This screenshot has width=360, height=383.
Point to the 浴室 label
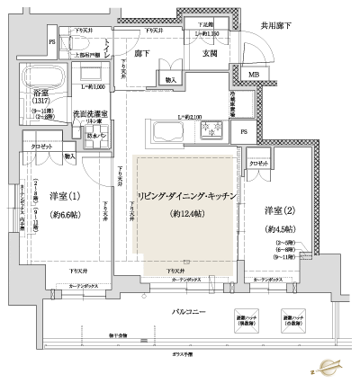[x=43, y=92]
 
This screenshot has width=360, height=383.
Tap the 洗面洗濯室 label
[x=91, y=115]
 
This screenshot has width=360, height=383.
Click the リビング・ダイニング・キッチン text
[x=186, y=195]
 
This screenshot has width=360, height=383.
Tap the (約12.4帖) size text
[x=186, y=213]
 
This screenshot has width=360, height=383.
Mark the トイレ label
[x=108, y=49]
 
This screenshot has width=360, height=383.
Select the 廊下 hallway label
[x=141, y=54]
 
